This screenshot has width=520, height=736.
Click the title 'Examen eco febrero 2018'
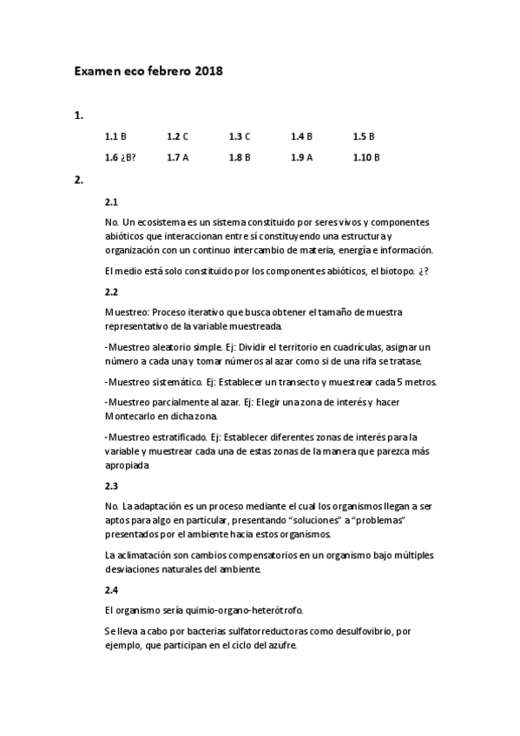[148, 71]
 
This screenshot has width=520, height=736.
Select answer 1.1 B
[115, 136]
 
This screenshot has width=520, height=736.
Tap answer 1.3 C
[240, 136]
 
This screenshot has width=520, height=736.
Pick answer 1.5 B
[364, 136]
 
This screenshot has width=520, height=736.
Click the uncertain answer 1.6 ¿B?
[120, 157]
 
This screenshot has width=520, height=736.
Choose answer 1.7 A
[177, 157]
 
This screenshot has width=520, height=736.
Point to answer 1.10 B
[366, 157]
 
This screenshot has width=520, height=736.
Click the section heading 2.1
[111, 201]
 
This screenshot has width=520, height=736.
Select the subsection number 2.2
[111, 292]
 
